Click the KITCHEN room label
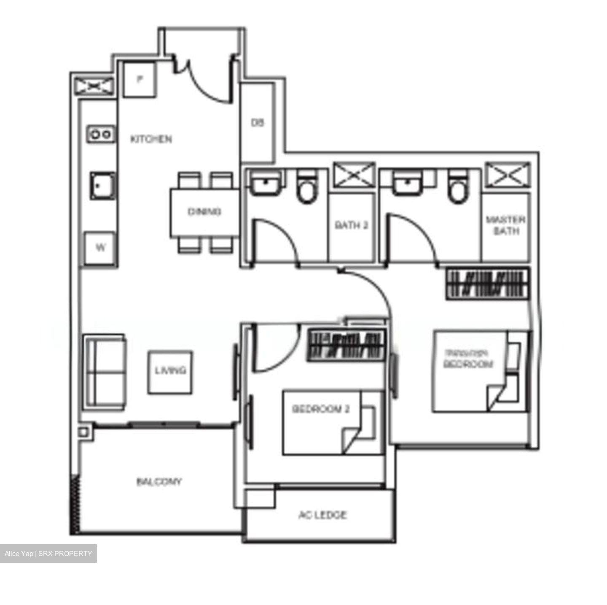coord(151,139)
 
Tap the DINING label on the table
coord(204,212)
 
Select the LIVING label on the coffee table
coord(170,370)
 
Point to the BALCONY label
coord(159,481)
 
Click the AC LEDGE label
coord(322,515)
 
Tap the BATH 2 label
coord(351,225)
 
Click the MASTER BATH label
coord(505,225)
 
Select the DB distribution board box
coord(257,123)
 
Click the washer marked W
coord(100,248)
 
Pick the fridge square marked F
coord(140,78)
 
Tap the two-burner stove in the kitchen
coord(101,134)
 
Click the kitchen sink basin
coord(101,186)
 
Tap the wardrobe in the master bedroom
coord(487,284)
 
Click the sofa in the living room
coord(105,371)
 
